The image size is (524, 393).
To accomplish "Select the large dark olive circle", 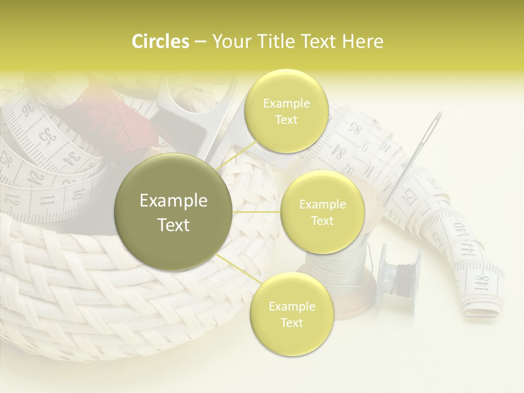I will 174,212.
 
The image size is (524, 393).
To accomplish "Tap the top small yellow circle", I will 287,111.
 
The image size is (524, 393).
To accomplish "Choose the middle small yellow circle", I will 322,212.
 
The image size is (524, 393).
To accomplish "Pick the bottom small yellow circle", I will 291,314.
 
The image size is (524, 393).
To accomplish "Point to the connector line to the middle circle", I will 257,212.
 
